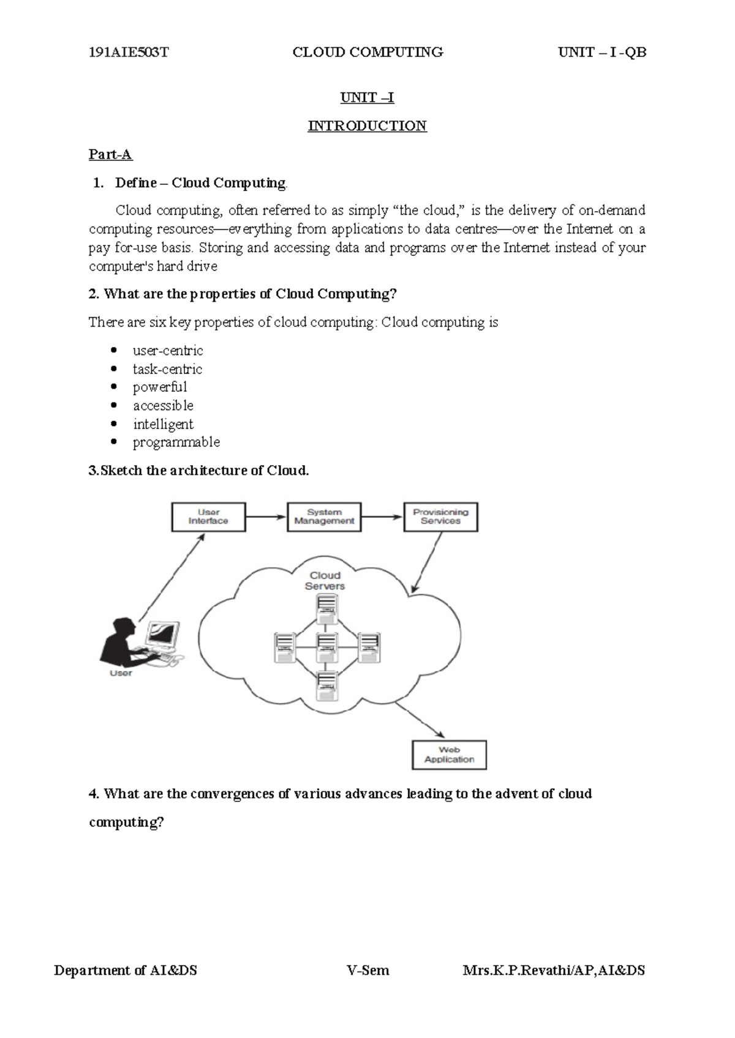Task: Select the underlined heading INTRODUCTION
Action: pos(367,126)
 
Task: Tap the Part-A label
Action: pos(110,154)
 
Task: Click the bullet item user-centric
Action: pos(167,351)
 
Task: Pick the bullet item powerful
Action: pos(159,387)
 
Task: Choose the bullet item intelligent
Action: pos(163,424)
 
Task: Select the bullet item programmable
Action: pos(176,442)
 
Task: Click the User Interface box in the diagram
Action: pos(208,517)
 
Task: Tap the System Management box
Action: pos(324,517)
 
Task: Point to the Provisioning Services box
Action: pos(440,517)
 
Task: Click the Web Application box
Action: pos(449,755)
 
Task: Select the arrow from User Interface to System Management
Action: pos(266,517)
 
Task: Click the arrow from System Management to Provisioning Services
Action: pos(382,517)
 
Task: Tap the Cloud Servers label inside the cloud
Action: pos(325,580)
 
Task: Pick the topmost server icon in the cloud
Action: pos(326,609)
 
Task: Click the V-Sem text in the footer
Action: pos(367,970)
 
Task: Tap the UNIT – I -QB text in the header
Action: pos(601,53)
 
